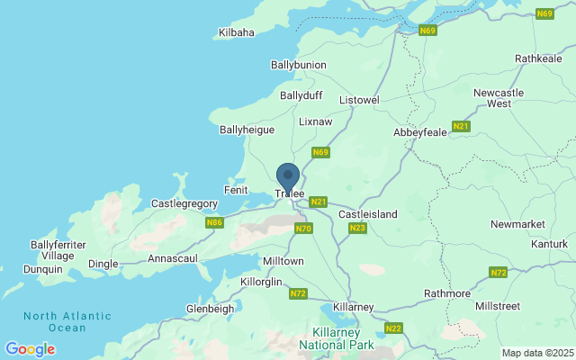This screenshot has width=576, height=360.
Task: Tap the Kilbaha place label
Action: [236, 33]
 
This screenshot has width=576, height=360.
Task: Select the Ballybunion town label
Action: [298, 66]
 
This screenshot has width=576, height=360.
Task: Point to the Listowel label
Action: [360, 100]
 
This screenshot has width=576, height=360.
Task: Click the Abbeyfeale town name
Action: [420, 130]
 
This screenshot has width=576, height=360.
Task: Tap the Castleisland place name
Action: [367, 214]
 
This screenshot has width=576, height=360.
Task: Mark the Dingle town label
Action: [103, 264]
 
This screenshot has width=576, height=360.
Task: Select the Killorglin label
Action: [238, 282]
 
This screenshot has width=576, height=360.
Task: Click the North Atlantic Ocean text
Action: [67, 321]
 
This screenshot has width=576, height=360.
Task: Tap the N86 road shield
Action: [213, 222]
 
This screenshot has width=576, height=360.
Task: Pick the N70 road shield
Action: [303, 229]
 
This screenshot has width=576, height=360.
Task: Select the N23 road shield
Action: [357, 229]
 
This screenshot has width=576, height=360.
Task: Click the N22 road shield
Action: [393, 328]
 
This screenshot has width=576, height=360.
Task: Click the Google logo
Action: [30, 349]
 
